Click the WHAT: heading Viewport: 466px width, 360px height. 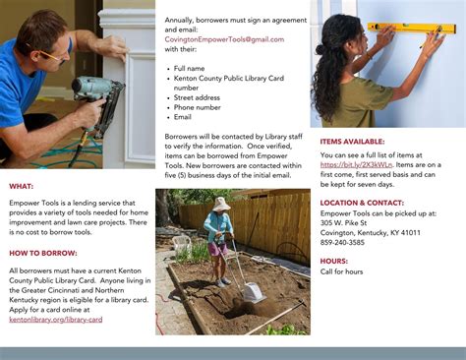22,186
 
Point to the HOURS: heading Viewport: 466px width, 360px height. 334,261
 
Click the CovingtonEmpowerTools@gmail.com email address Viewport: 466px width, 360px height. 210,39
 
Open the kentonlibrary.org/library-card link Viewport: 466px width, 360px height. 55,319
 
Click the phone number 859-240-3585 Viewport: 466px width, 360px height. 343,242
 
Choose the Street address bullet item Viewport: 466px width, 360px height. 199,96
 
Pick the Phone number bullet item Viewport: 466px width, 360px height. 200,106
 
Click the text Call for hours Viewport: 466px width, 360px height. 342,271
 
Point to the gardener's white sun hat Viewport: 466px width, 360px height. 220,204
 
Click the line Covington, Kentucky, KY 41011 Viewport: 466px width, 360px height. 371,232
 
